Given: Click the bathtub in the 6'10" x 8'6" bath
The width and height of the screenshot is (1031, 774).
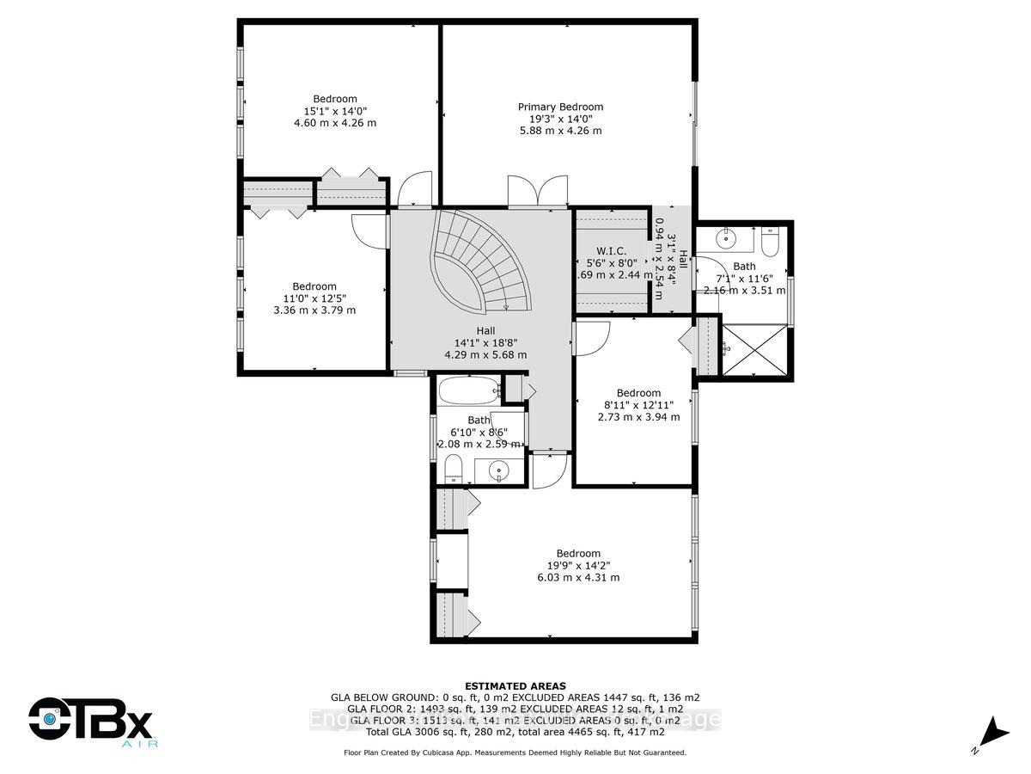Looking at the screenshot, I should (469, 392).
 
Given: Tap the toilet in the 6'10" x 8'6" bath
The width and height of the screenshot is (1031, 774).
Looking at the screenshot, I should (454, 470).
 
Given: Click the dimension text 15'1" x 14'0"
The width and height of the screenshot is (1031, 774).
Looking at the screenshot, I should (335, 111).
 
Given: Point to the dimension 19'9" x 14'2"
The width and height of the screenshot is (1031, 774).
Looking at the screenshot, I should (577, 565).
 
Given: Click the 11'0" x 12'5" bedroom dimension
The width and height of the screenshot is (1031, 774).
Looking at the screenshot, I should (314, 298).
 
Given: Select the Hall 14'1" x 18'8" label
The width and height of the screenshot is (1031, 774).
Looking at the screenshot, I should (485, 342).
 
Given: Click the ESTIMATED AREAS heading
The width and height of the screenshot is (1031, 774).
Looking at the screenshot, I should (515, 685).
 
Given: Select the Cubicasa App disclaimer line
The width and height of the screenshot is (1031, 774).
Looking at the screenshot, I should (515, 752).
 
